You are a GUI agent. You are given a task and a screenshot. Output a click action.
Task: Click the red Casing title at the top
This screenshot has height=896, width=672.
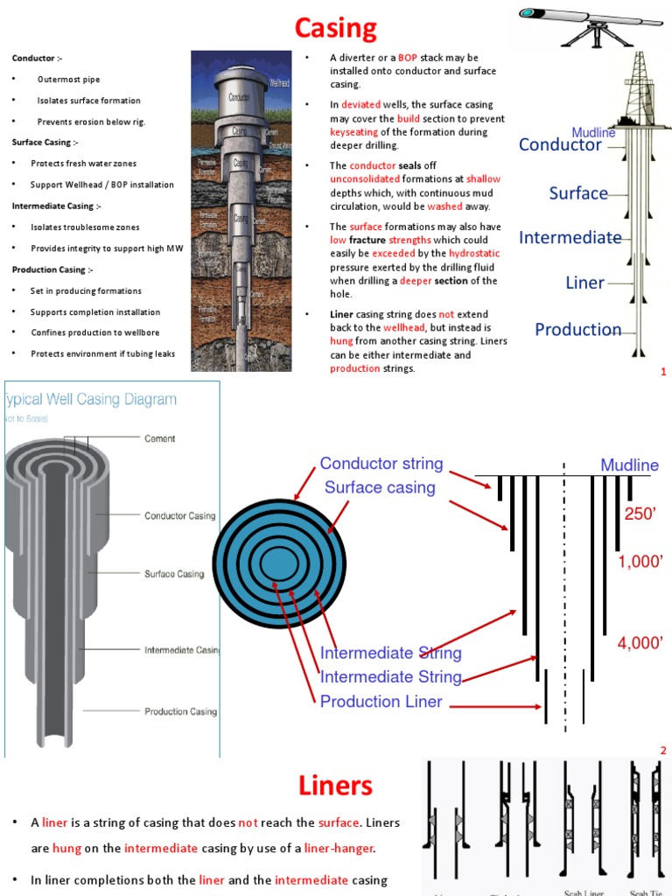336,29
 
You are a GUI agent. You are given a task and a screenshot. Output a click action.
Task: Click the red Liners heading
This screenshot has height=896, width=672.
336,785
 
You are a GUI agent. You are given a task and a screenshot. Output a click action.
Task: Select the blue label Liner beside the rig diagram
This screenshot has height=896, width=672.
585,283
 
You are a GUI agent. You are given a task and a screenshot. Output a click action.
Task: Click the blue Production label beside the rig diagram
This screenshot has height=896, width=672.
577,330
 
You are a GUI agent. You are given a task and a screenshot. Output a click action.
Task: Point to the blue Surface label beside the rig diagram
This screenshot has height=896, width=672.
578,193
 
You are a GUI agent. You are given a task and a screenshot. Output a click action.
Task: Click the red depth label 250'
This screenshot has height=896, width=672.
640,515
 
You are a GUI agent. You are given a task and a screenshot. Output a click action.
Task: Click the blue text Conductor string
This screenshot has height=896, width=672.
381,464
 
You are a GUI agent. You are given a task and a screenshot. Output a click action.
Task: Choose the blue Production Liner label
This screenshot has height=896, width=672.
381,702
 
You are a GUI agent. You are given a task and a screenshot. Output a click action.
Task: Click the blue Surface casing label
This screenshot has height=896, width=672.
380,487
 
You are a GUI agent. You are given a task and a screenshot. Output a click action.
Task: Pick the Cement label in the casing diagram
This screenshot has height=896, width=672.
159,439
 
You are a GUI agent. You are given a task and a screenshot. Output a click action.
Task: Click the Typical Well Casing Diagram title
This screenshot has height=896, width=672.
91,400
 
